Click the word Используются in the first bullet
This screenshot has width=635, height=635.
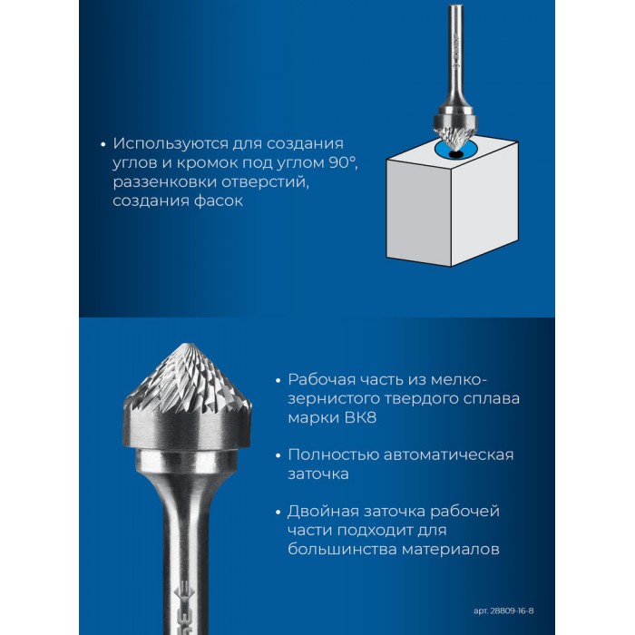[x=168, y=144]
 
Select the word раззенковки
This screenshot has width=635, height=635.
[x=163, y=182]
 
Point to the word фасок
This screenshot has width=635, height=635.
[x=218, y=200]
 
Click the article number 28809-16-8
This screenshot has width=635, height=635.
[x=512, y=610]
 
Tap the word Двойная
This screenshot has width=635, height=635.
[x=323, y=512]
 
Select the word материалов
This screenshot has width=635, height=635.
[x=450, y=550]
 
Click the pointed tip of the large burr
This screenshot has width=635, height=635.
[x=188, y=345]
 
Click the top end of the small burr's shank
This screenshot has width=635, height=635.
[x=454, y=5]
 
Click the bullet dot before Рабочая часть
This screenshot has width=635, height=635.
[x=278, y=381]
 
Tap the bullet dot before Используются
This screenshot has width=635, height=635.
[x=103, y=144]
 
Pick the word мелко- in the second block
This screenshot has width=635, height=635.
[x=458, y=380]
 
